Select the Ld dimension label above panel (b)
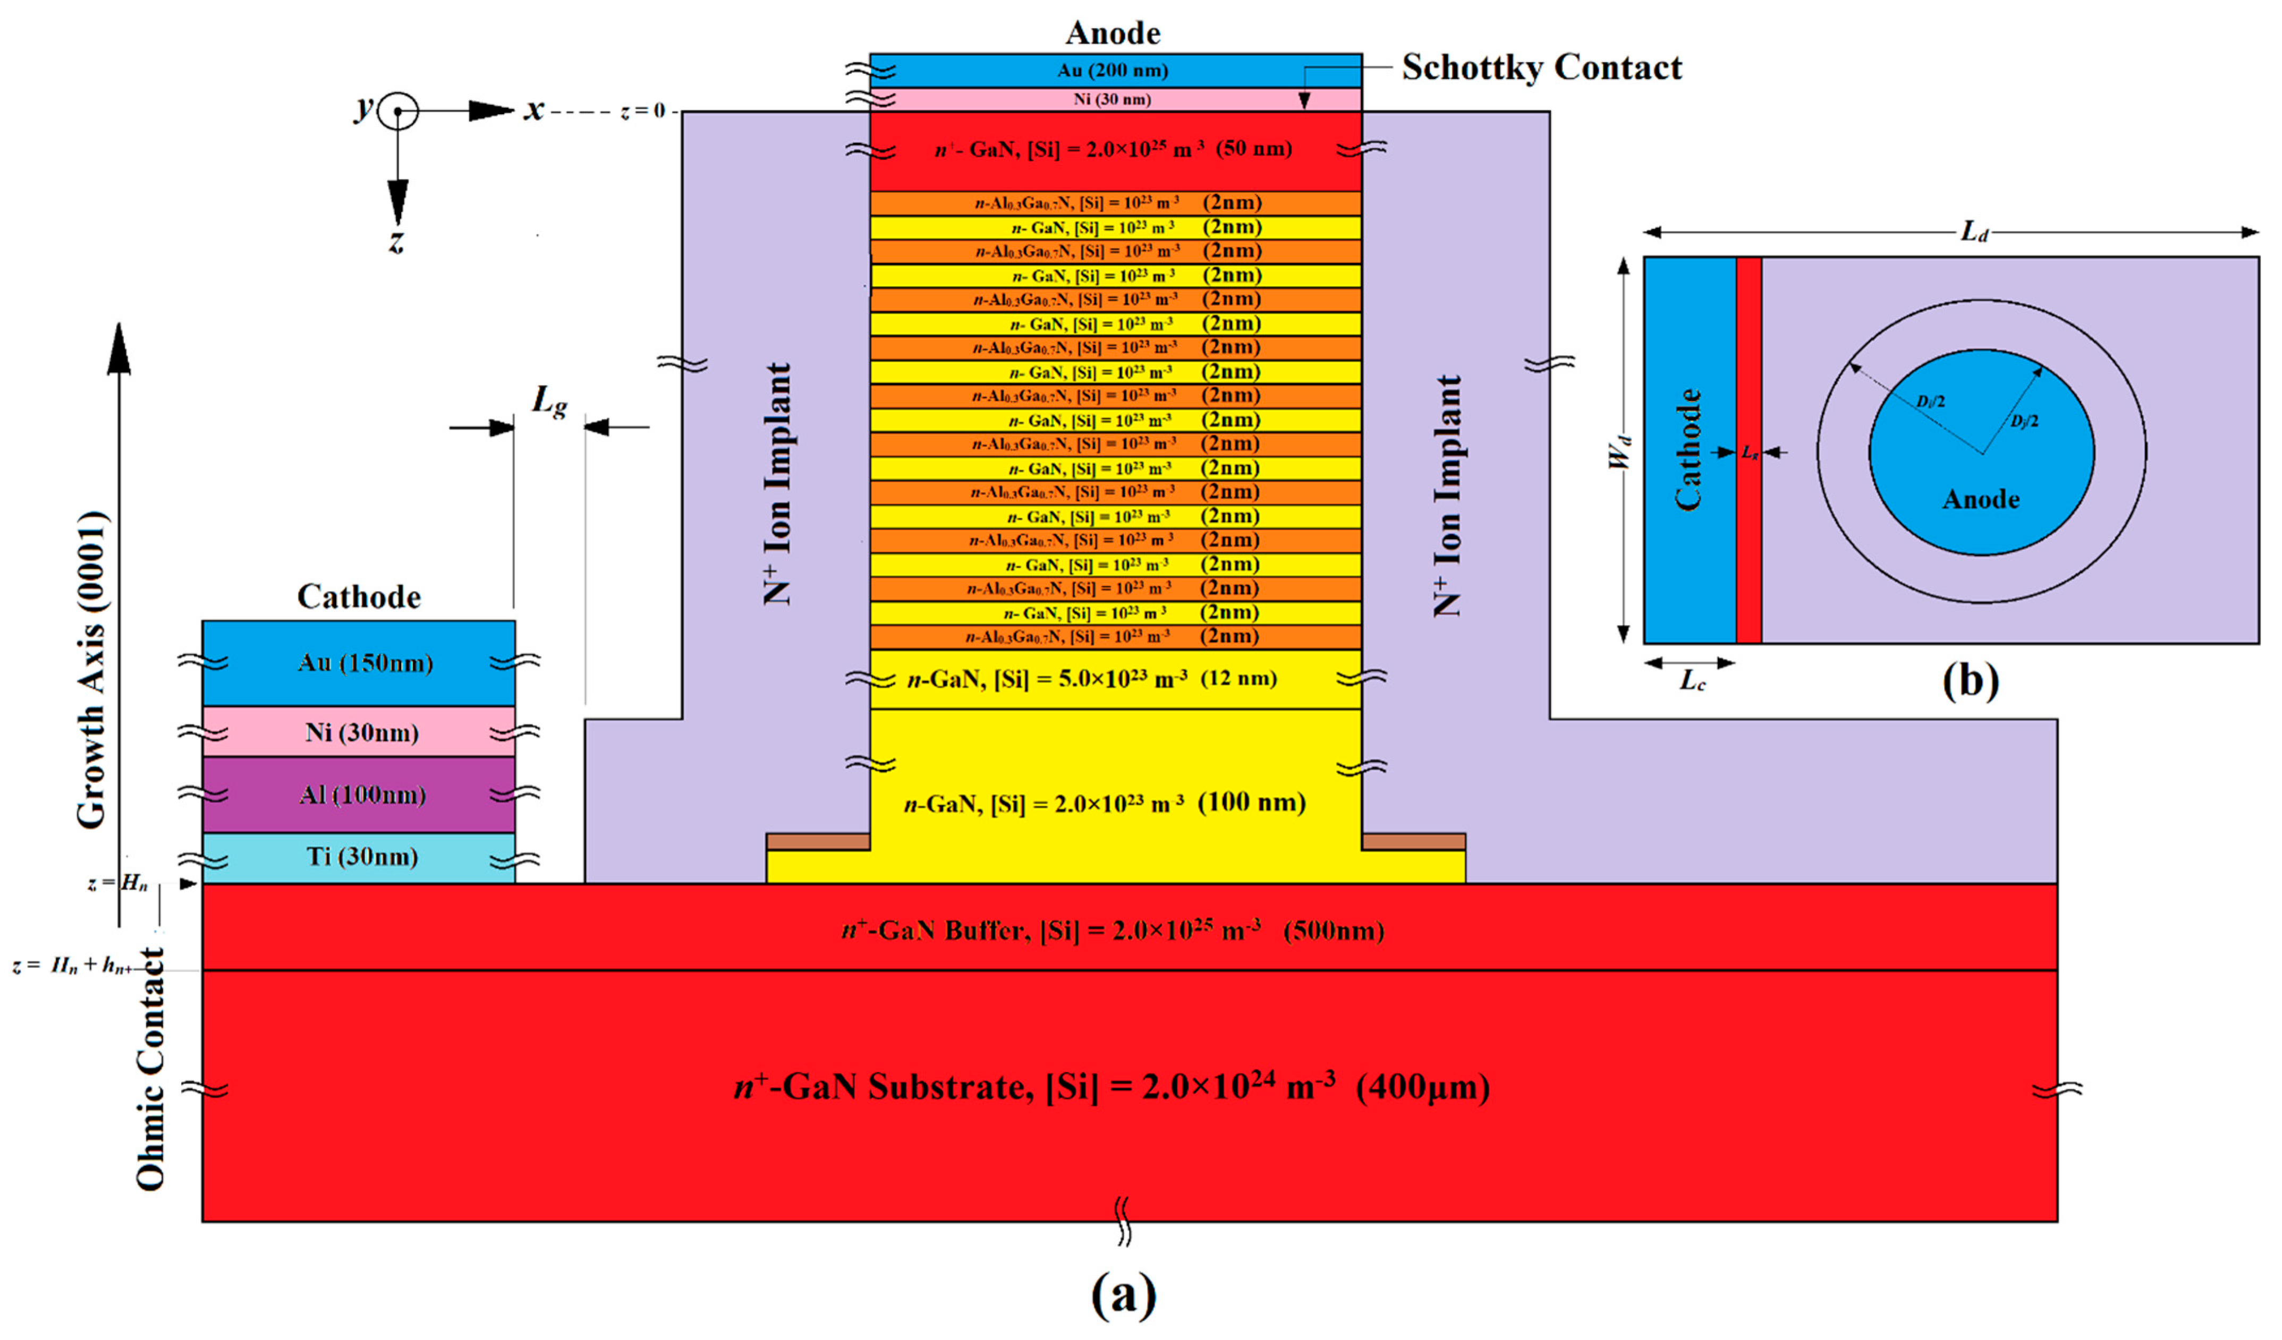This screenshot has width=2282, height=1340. pos(1974,232)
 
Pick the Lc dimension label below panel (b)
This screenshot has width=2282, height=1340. pos(1692,681)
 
